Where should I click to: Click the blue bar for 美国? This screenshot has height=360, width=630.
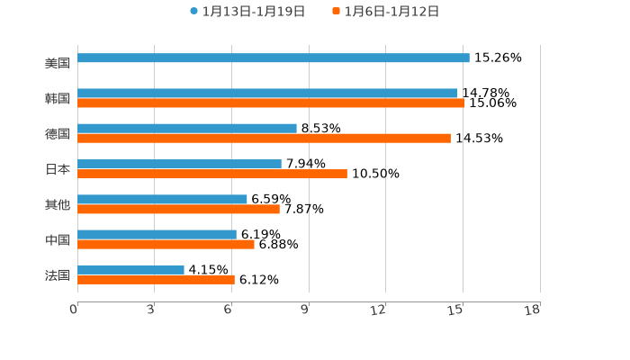point(274,58)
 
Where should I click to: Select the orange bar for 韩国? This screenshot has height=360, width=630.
point(271,103)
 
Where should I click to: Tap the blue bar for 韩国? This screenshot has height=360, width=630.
point(267,94)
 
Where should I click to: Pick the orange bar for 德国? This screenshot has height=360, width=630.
point(264,139)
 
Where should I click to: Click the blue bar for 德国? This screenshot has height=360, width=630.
point(187,129)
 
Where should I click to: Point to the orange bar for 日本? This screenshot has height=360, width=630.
point(212,174)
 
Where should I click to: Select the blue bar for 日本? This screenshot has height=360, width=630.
point(179,164)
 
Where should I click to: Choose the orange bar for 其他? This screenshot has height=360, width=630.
point(178,209)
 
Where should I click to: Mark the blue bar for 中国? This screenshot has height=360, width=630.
point(157,235)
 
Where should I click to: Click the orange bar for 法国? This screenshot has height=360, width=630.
point(156,280)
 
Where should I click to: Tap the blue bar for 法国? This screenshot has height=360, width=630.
point(130,270)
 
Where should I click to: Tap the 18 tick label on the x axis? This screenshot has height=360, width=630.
point(533,310)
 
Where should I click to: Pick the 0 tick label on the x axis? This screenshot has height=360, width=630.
point(74,310)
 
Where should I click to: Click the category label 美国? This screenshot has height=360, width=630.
point(58,63)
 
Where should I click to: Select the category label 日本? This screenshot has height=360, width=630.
point(58,169)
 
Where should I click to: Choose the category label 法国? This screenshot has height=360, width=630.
point(58,275)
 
